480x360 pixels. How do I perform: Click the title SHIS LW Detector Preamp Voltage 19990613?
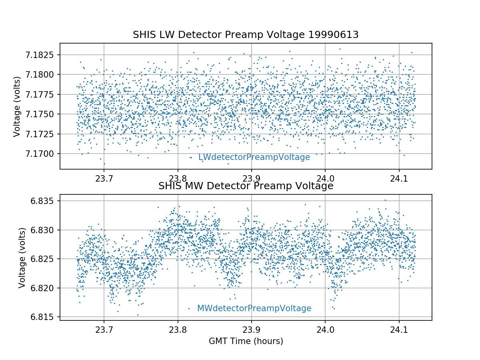click(246, 35)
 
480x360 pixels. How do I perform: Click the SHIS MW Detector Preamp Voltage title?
click(246, 186)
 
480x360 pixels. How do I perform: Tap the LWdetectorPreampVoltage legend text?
click(254, 158)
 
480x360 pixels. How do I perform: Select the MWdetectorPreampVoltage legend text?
click(254, 308)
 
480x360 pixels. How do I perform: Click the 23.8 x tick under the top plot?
click(178, 178)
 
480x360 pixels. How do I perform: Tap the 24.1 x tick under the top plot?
click(399, 178)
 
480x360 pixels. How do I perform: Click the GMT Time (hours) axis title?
click(246, 341)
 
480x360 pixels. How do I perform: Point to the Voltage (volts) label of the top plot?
click(16, 106)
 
